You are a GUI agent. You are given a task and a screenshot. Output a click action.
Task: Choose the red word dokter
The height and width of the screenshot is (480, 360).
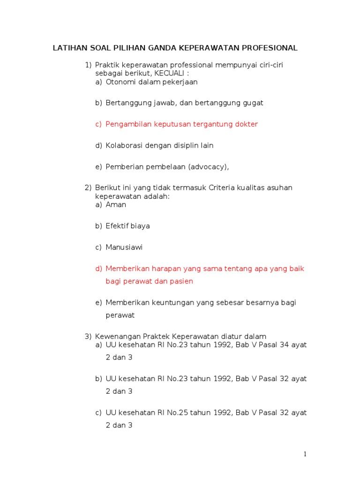pyautogui.click(x=247, y=124)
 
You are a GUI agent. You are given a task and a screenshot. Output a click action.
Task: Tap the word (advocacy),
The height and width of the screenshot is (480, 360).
pyautogui.click(x=207, y=166)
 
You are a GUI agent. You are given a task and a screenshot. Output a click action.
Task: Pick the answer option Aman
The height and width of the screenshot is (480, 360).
pyautogui.click(x=116, y=205)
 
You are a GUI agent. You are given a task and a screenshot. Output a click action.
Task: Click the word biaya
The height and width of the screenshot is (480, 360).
pyautogui.click(x=140, y=226)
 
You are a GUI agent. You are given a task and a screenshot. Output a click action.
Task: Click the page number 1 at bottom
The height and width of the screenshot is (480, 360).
pyautogui.click(x=305, y=454)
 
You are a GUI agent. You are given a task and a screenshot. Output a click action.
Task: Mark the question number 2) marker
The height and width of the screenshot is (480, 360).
pyautogui.click(x=89, y=188)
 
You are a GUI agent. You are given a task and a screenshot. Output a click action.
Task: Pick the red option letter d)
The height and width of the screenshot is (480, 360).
pyautogui.click(x=98, y=269)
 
